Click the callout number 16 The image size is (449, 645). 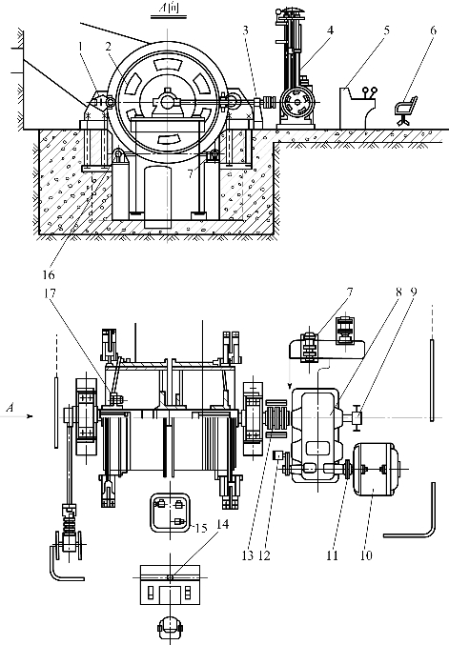click(49, 273)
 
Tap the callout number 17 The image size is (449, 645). click(50, 293)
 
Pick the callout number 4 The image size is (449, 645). click(330, 30)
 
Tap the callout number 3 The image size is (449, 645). click(245, 30)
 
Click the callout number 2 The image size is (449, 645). click(108, 46)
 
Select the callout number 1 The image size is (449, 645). click(81, 46)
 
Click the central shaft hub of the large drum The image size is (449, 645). click(167, 100)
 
